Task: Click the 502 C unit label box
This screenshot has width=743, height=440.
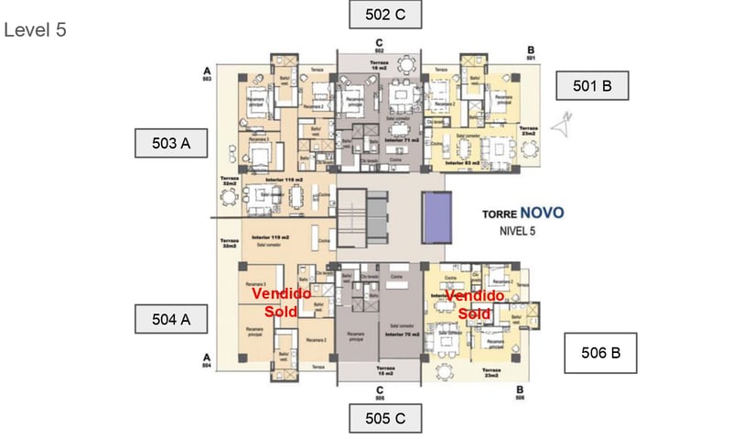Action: [x=385, y=15]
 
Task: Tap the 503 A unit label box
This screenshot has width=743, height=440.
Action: [x=170, y=143]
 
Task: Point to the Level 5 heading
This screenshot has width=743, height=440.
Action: [x=36, y=29]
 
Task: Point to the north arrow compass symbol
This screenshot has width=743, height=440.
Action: [x=566, y=118]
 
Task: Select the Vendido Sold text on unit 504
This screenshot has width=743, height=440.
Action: [x=281, y=302]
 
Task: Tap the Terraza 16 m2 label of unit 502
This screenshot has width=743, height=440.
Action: [x=378, y=65]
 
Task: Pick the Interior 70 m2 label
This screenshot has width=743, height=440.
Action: [x=402, y=335]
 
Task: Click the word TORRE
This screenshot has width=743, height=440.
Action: [x=502, y=214]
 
